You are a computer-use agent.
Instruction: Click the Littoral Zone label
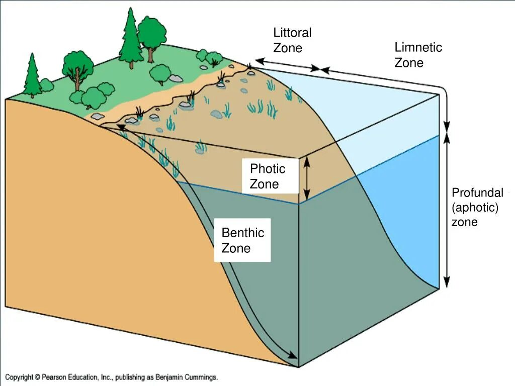pyautogui.click(x=292, y=40)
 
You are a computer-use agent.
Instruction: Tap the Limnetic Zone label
pyautogui.click(x=418, y=55)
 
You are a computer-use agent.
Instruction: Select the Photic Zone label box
pyautogui.click(x=270, y=176)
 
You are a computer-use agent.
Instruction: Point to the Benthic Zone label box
pyautogui.click(x=242, y=240)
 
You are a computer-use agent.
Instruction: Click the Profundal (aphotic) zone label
pyautogui.click(x=477, y=207)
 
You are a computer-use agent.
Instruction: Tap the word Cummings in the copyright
pyautogui.click(x=200, y=377)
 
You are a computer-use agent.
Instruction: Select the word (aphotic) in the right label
pyautogui.click(x=475, y=208)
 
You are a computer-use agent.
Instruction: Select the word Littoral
pyautogui.click(x=292, y=33)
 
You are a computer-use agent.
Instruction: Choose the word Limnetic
pyautogui.click(x=418, y=48)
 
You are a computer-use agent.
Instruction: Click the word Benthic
pyautogui.click(x=242, y=233)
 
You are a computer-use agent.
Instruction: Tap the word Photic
pyautogui.click(x=267, y=169)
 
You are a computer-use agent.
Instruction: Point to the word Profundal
pyautogui.click(x=477, y=193)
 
